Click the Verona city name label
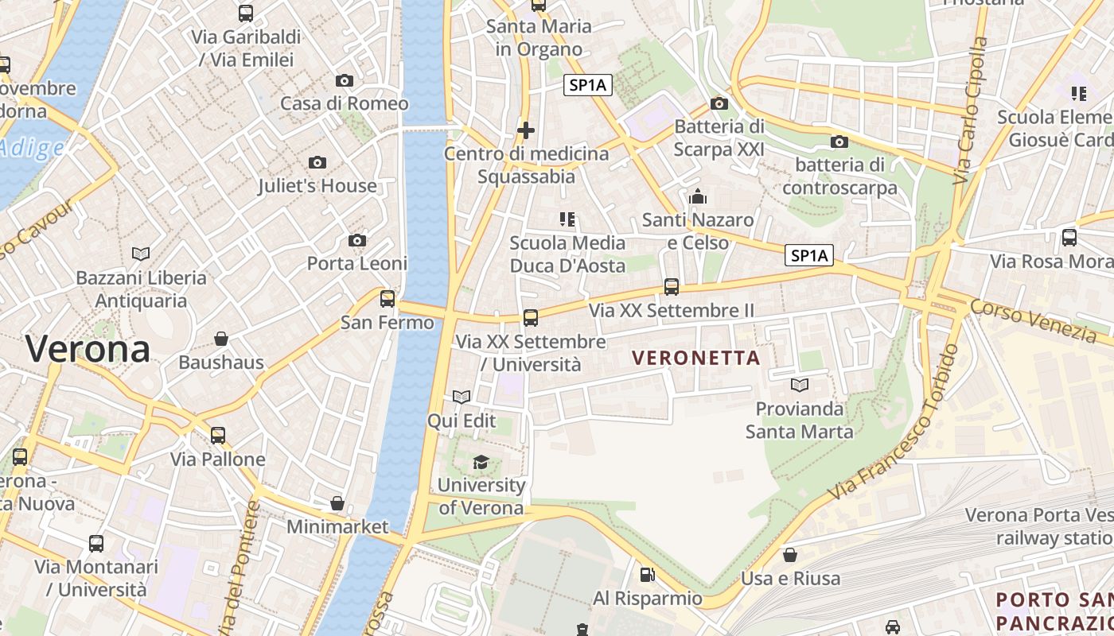click(88, 349)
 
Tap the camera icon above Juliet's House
click(317, 162)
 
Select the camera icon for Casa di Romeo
click(345, 80)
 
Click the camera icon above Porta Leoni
click(357, 240)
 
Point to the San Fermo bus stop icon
click(388, 298)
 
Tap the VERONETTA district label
click(696, 359)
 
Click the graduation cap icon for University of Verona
click(481, 462)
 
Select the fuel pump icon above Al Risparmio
click(648, 574)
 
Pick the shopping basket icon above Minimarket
click(337, 503)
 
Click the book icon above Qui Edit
click(462, 396)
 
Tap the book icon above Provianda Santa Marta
click(800, 385)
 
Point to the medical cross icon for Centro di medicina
click(526, 130)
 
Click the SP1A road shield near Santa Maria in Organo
click(588, 85)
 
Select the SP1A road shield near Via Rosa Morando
click(809, 255)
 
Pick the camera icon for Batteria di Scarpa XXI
click(719, 103)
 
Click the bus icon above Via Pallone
click(218, 435)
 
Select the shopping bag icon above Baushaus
click(221, 339)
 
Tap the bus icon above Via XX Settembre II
click(672, 286)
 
